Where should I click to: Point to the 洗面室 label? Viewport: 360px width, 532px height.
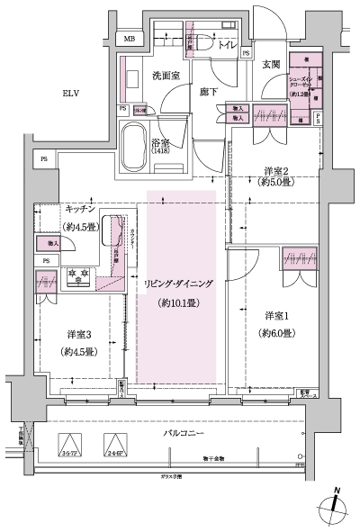(x=166, y=75)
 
